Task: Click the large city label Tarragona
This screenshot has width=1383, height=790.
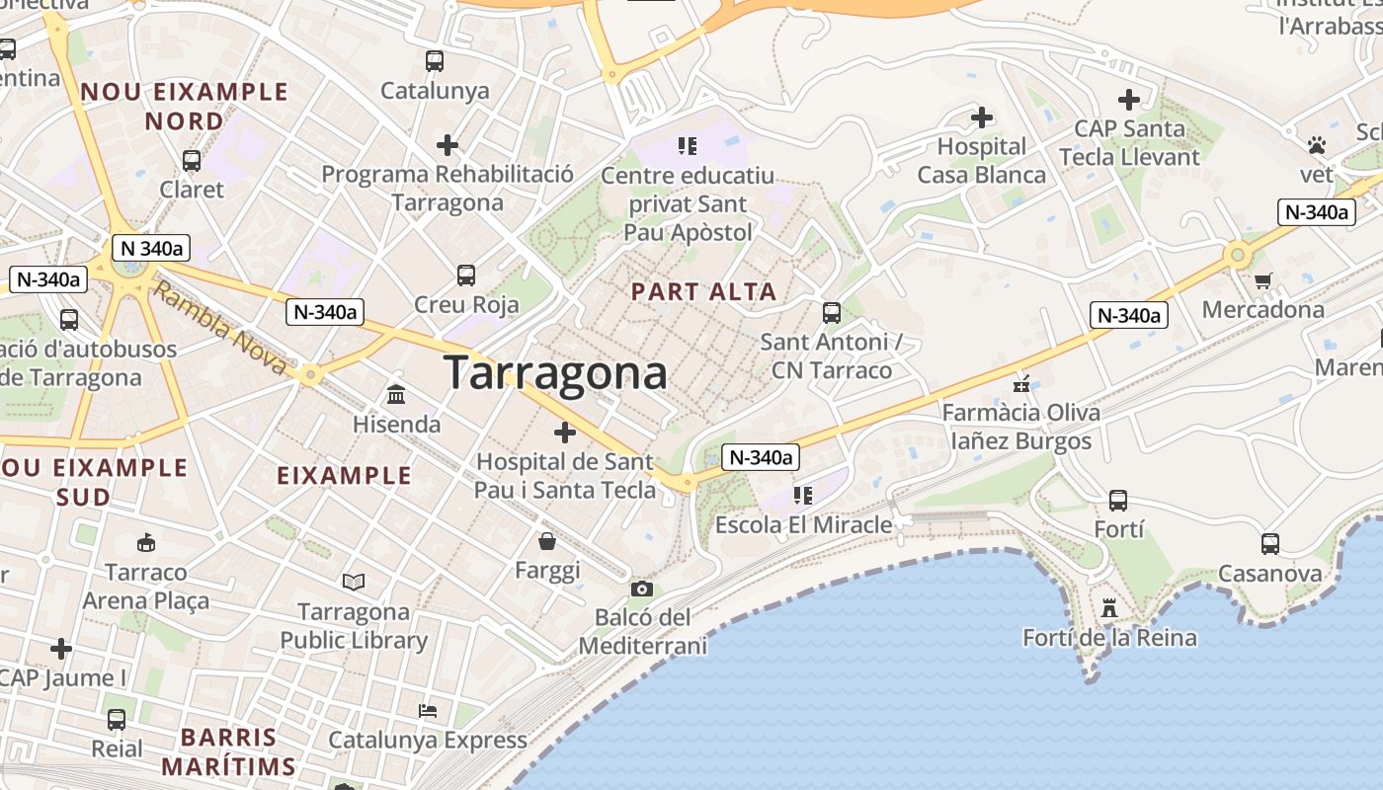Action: (555, 373)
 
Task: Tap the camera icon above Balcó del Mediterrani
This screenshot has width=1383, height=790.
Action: (641, 590)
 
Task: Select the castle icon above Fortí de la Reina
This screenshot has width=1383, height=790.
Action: (1109, 608)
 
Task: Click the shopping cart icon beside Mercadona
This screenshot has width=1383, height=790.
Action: (1262, 281)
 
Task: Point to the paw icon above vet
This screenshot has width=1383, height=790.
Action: (1316, 146)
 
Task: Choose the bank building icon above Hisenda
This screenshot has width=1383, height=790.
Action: (396, 395)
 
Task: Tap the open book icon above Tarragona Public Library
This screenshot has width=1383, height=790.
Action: (353, 583)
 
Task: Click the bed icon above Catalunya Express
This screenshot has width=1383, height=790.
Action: (428, 711)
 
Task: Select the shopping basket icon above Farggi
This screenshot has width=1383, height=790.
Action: (546, 541)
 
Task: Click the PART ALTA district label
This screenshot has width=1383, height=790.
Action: (703, 292)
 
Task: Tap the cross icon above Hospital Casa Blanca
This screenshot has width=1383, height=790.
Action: (981, 118)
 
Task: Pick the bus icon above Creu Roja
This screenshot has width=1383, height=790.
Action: (466, 276)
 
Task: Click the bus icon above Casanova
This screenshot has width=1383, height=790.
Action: (1269, 543)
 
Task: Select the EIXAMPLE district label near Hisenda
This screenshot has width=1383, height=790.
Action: (344, 476)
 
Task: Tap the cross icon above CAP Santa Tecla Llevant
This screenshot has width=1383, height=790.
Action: (1128, 100)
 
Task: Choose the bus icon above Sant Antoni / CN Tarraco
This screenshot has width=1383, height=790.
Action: (832, 313)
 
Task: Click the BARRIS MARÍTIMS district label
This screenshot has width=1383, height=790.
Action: (228, 751)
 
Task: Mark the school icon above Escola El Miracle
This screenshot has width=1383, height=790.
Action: (802, 495)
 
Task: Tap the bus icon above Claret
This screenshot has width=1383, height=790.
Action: (192, 160)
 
